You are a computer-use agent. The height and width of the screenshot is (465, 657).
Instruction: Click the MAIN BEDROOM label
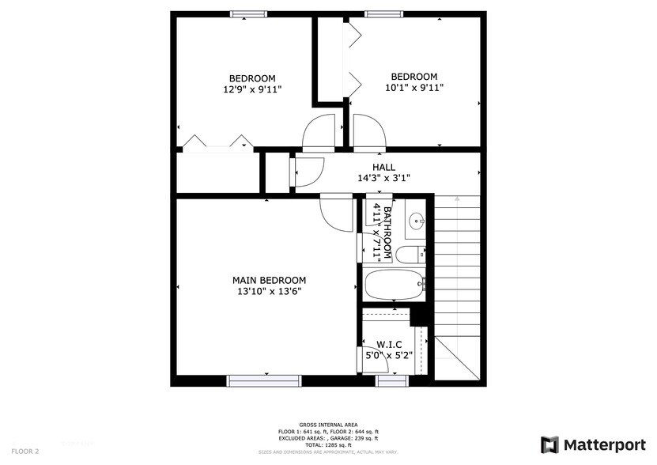(269, 280)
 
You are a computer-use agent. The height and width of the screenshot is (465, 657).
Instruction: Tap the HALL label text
(384, 167)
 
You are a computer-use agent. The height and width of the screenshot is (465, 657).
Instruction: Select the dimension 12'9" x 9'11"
(252, 89)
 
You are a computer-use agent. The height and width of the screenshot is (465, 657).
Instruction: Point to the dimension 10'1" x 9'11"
(413, 88)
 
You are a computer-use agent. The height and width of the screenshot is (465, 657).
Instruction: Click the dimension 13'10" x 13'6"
(269, 291)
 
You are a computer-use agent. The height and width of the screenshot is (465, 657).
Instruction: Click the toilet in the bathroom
(410, 255)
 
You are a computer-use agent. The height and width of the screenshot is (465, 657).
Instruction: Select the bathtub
(395, 285)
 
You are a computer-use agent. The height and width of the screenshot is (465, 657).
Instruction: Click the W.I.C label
(389, 345)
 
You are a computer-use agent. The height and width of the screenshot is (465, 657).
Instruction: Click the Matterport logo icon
(549, 444)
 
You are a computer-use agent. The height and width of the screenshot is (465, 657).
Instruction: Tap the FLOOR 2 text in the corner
(26, 451)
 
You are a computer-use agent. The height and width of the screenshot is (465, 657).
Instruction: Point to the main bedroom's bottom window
(265, 381)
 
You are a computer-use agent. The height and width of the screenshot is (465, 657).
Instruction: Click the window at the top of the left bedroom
(248, 13)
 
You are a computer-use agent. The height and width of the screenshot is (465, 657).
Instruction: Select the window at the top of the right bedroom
(384, 13)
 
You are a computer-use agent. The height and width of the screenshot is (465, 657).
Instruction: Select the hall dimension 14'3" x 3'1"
(384, 178)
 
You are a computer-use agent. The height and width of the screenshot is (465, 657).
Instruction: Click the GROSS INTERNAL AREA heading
(327, 425)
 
